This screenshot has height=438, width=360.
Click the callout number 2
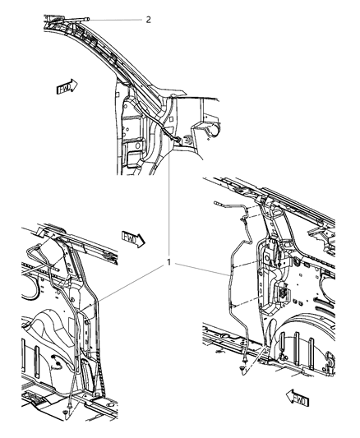[149, 19]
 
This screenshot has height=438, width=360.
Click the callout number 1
[168, 263]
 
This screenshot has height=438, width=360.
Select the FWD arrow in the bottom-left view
[132, 238]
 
